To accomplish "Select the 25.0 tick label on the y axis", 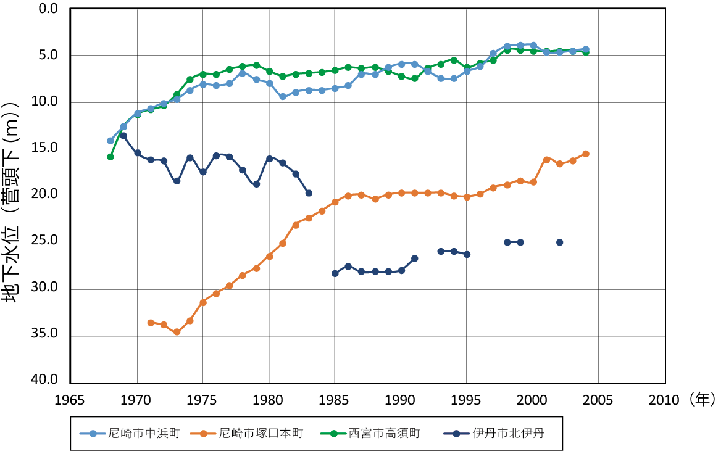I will click(45, 241).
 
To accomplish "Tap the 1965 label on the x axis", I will click(71, 399).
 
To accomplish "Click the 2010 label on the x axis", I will click(665, 399).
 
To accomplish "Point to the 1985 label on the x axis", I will click(335, 399).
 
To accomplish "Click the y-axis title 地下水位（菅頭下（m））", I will click(13, 196).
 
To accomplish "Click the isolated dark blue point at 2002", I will click(559, 242).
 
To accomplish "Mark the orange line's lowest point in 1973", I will click(177, 332).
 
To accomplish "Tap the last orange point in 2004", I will click(586, 154).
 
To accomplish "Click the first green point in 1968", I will click(111, 157).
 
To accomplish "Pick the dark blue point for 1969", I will click(123, 136).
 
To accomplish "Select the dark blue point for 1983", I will click(309, 193).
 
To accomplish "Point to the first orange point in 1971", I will click(151, 323).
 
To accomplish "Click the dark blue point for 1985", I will click(335, 273).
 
